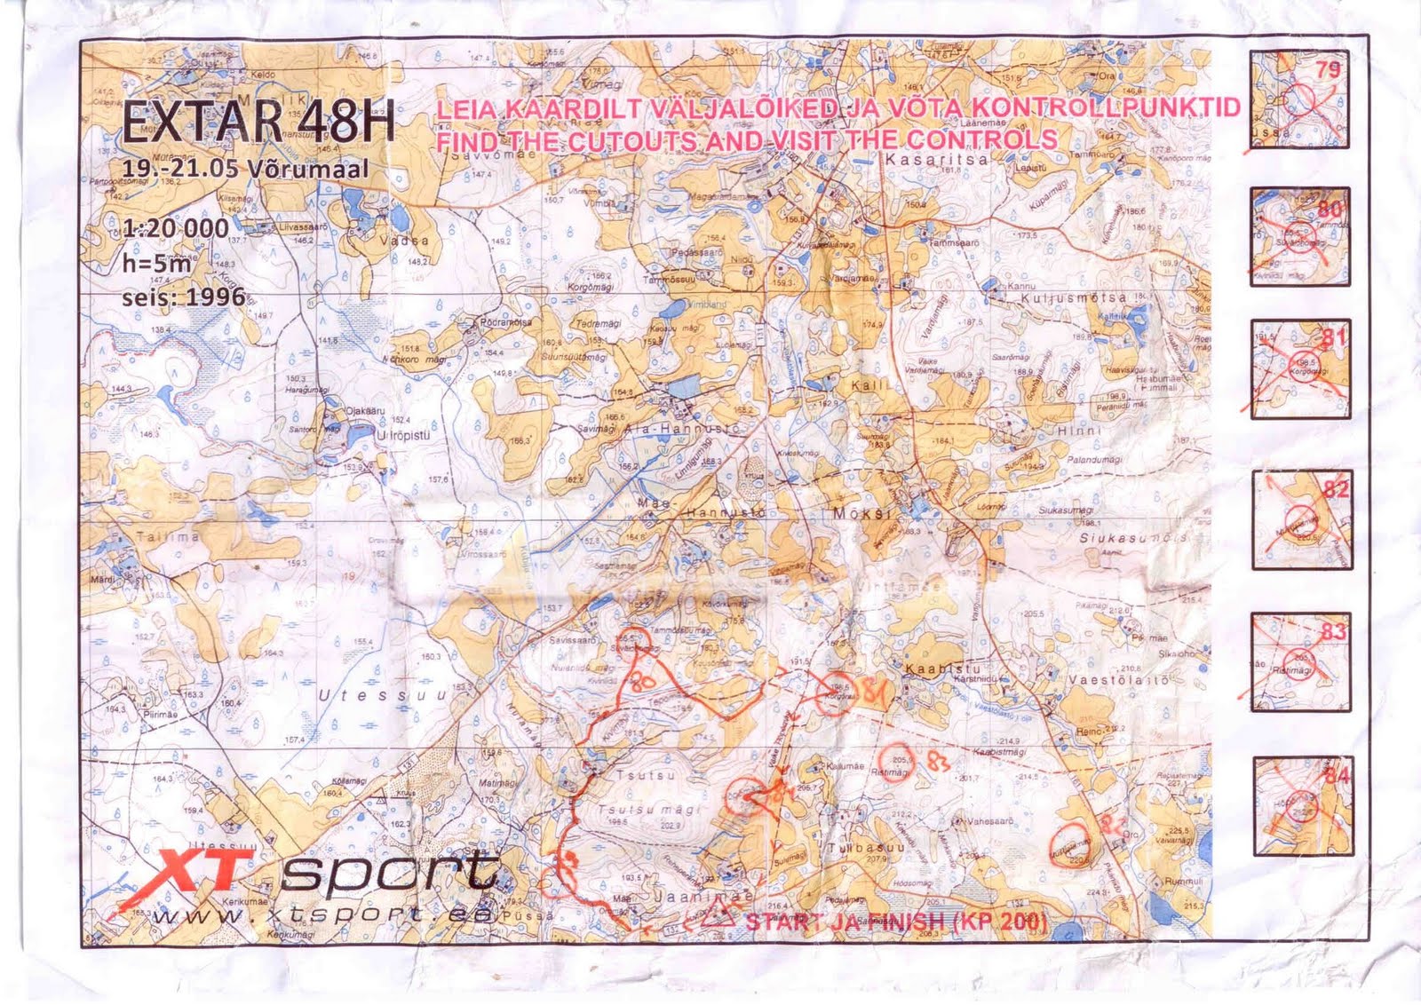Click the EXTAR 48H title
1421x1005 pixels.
coord(257,123)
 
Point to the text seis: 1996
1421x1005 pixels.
coord(183,296)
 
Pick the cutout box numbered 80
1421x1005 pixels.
coord(1299,236)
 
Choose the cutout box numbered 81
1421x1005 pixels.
coord(1299,368)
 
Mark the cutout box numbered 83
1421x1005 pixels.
coord(1299,661)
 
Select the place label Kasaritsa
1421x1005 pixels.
coord(925,160)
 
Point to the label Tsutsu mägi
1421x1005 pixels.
coord(648,810)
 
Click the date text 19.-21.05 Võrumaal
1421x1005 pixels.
coord(246,170)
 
